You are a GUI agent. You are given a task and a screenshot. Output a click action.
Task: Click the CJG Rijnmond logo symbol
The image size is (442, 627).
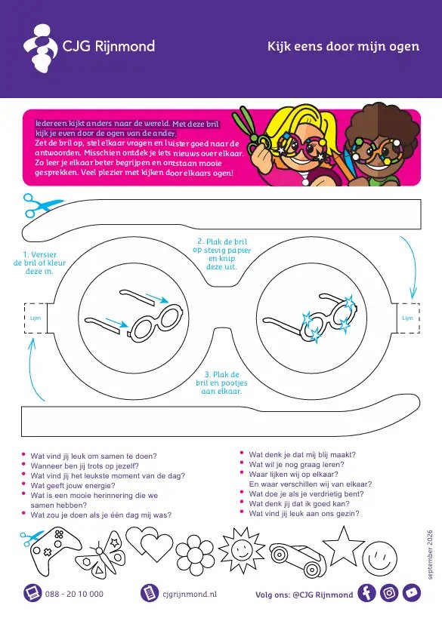(41, 48)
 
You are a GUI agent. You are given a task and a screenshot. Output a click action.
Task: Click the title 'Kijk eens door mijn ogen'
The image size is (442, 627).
(344, 46)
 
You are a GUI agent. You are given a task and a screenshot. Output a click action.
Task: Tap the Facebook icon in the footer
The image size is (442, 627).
(366, 592)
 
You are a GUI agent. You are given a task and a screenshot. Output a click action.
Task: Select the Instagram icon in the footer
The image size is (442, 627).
(389, 592)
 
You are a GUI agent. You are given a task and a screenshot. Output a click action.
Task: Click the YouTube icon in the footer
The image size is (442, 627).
(412, 592)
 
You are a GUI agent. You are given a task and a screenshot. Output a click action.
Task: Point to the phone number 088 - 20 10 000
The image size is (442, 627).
(74, 594)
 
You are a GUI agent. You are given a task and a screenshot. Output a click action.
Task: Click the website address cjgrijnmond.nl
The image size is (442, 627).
(190, 594)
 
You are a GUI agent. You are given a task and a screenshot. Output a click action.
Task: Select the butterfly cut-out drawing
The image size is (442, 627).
(101, 553)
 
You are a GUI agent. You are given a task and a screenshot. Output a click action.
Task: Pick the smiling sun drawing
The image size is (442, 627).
(242, 550)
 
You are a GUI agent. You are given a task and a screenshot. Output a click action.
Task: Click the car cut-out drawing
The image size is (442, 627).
(298, 558)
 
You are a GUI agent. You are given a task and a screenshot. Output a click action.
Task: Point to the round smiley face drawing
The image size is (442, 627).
(379, 559)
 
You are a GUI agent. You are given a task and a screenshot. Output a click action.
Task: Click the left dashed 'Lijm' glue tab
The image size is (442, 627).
(36, 318)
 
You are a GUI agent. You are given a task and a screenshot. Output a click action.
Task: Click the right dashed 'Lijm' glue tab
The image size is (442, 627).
(407, 318)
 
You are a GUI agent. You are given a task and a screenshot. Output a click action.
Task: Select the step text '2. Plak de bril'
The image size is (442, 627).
(222, 241)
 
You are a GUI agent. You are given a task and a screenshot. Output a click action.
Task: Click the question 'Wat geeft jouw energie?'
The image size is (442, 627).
(73, 485)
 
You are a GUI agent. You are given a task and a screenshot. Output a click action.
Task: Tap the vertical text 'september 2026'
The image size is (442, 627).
(430, 555)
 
